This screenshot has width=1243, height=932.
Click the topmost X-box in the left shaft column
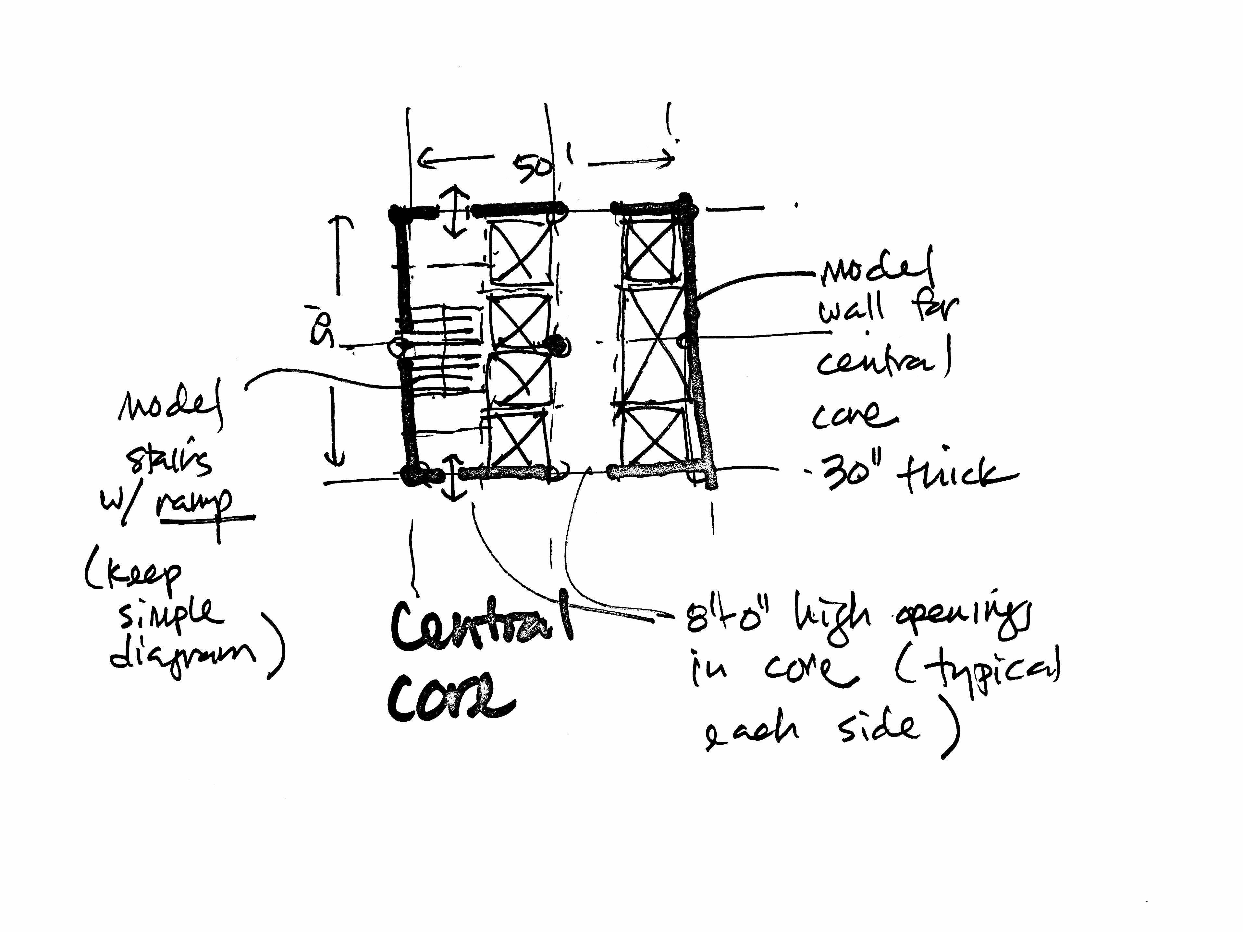pos(520,253)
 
